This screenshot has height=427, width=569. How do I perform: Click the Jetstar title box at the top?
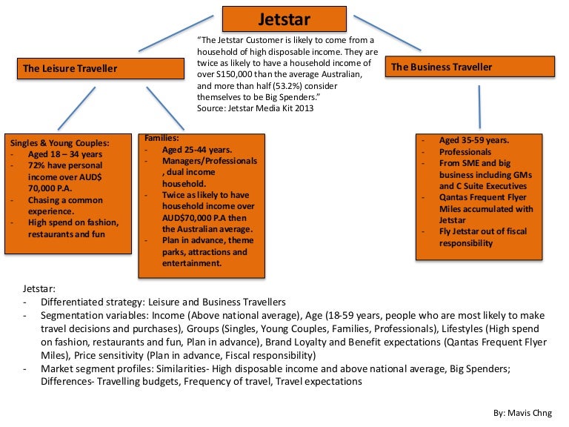click(x=284, y=18)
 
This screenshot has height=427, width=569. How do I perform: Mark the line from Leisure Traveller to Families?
click(x=165, y=107)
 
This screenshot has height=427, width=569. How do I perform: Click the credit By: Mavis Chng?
click(x=528, y=410)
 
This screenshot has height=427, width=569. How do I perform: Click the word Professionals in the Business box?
click(x=465, y=152)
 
